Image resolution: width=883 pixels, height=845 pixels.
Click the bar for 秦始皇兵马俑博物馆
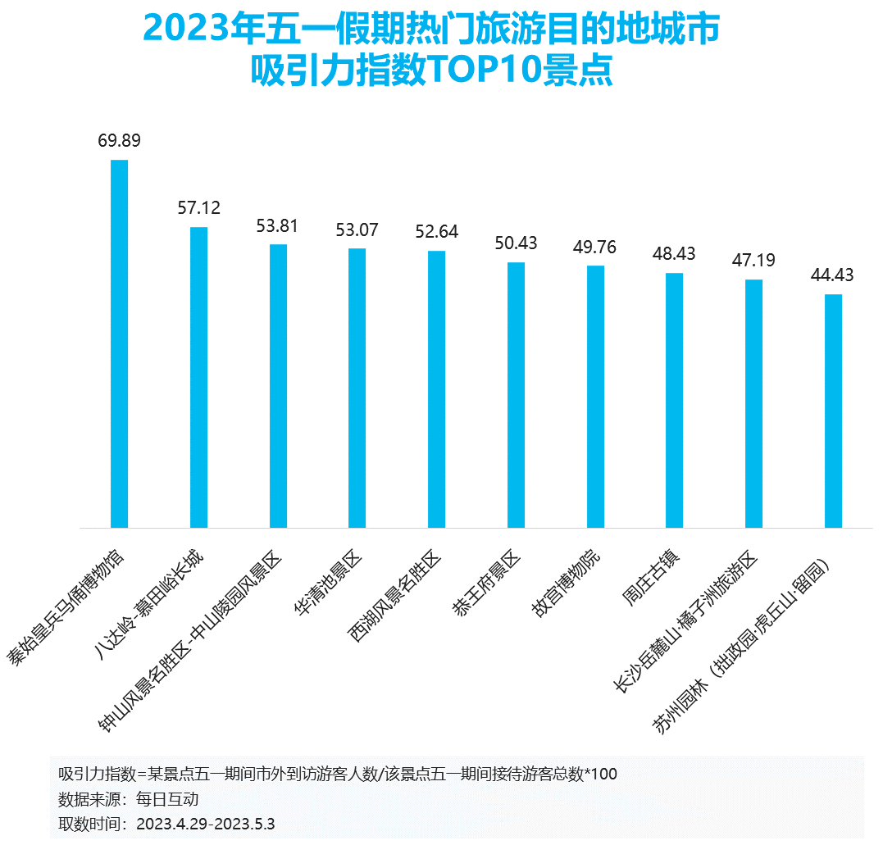click(119, 343)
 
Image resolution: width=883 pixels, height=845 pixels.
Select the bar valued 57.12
click(198, 377)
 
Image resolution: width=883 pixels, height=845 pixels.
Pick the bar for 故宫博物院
click(595, 397)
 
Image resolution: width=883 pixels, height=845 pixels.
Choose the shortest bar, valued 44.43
click(833, 411)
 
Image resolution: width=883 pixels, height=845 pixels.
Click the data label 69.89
click(119, 140)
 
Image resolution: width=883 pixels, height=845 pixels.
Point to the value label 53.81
click(277, 225)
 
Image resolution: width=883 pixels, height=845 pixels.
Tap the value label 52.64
click(436, 232)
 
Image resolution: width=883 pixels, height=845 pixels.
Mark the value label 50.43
click(516, 243)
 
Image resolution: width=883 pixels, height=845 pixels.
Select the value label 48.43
click(674, 254)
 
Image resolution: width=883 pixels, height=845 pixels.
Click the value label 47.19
click(753, 261)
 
